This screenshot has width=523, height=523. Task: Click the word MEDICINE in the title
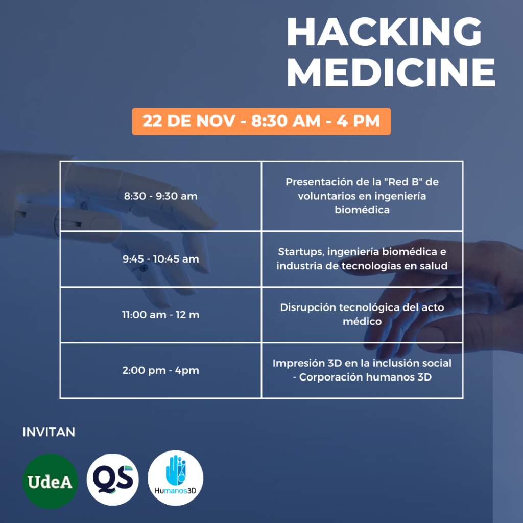click(391, 73)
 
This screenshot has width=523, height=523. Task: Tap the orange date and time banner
click(261, 122)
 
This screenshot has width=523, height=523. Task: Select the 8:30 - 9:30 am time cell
click(161, 196)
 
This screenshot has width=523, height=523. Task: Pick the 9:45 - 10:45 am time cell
click(161, 259)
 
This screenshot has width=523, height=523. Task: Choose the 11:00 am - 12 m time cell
click(161, 315)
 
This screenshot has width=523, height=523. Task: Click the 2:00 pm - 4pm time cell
click(161, 370)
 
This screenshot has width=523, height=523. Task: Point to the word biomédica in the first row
click(362, 210)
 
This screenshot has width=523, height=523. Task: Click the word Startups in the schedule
click(301, 252)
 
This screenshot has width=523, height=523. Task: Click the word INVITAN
click(49, 432)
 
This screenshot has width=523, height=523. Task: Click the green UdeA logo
click(50, 481)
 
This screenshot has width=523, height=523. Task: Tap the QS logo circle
click(113, 480)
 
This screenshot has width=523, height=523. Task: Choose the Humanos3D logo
click(176, 478)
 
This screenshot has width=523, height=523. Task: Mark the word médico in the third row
click(362, 322)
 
